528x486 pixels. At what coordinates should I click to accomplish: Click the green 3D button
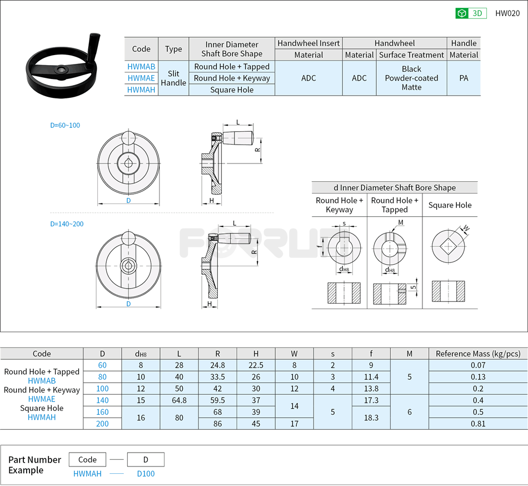click(471, 13)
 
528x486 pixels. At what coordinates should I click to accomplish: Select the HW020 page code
click(507, 13)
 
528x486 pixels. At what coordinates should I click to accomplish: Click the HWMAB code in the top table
click(141, 67)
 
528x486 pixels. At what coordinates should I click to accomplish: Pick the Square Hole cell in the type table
click(232, 90)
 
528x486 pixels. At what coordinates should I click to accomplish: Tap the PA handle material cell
click(464, 78)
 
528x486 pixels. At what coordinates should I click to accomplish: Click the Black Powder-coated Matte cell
click(411, 78)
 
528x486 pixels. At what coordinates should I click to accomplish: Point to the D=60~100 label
click(65, 125)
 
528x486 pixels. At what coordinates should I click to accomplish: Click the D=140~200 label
click(67, 224)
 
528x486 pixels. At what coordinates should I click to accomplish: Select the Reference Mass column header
click(477, 354)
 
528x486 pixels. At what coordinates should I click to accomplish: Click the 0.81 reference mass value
click(477, 424)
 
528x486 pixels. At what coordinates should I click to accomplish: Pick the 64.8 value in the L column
click(179, 400)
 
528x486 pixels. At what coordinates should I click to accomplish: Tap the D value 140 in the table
click(102, 400)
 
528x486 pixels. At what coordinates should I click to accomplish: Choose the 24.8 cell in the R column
click(217, 365)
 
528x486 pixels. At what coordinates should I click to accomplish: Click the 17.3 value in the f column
click(371, 400)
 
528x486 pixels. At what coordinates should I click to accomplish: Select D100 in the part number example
click(146, 474)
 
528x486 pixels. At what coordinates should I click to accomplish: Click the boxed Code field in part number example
click(87, 459)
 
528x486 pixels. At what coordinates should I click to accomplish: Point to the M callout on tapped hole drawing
click(401, 223)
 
